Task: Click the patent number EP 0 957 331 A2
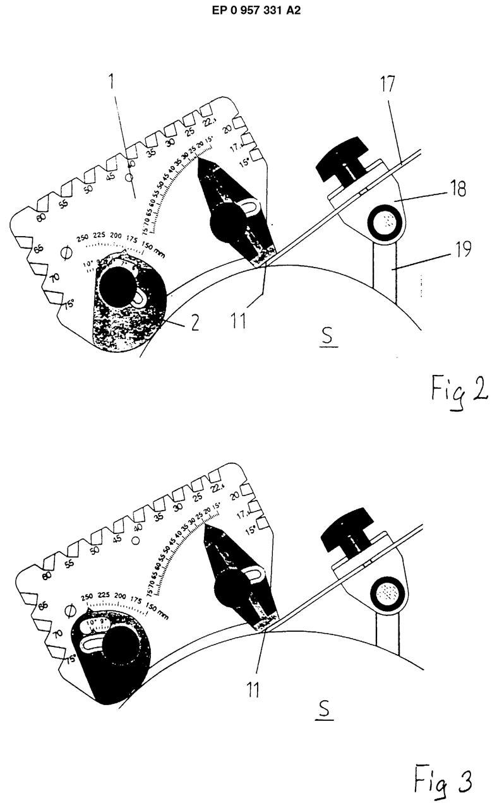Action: pyautogui.click(x=248, y=11)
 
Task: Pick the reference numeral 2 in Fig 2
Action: pyautogui.click(x=194, y=323)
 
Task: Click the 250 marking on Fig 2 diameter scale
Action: pyautogui.click(x=82, y=239)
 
